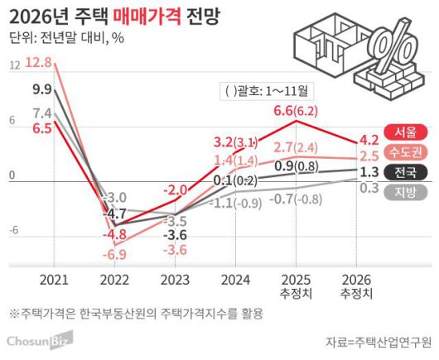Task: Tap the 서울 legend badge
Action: pyautogui.click(x=407, y=132)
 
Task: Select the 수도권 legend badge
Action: pyautogui.click(x=407, y=151)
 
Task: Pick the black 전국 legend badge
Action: pyautogui.click(x=407, y=172)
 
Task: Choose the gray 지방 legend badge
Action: pyautogui.click(x=407, y=192)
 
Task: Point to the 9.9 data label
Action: pyautogui.click(x=42, y=89)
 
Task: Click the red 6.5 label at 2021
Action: pyautogui.click(x=42, y=128)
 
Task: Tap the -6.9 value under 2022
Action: pyautogui.click(x=115, y=253)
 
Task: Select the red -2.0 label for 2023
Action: pyautogui.click(x=175, y=190)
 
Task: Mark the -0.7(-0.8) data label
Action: pyautogui.click(x=297, y=199)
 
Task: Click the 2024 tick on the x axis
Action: pyautogui.click(x=236, y=280)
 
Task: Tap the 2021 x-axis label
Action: pyautogui.click(x=54, y=280)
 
